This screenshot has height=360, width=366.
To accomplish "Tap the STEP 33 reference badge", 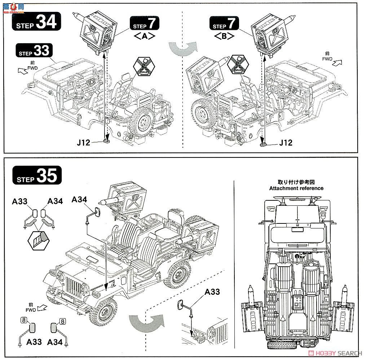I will pos(35,51).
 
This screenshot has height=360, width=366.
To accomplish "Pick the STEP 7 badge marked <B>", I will pos(224,26).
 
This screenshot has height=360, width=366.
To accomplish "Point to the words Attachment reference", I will pos(296,188).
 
